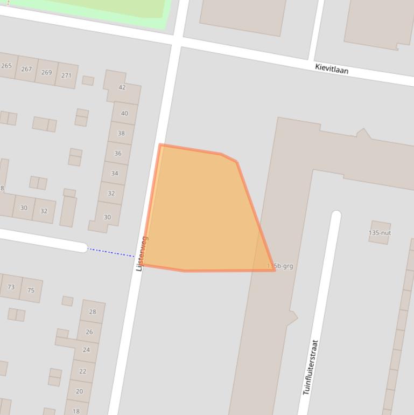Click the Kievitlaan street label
tap(332, 68)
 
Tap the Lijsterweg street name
tap(141, 253)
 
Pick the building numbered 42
tap(122, 87)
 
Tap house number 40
tap(124, 113)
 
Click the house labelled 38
tap(121, 133)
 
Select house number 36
tap(118, 153)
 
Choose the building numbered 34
tap(115, 173)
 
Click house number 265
tap(6, 66)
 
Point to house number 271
tap(66, 75)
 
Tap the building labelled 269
tap(46, 72)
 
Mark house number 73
tap(11, 287)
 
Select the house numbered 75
tap(31, 290)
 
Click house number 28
tap(93, 312)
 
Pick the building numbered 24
tap(86, 350)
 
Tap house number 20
tap(79, 391)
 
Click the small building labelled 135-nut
tap(380, 233)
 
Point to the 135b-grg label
tap(280, 266)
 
